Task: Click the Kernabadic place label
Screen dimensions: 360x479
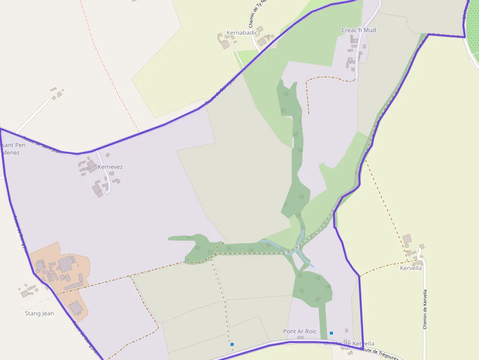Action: click(x=242, y=33)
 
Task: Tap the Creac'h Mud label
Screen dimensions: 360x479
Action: click(x=358, y=30)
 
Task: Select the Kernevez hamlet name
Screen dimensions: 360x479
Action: click(x=110, y=167)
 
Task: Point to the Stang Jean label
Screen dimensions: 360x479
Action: click(x=39, y=314)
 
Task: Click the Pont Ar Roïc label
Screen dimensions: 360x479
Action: click(x=300, y=331)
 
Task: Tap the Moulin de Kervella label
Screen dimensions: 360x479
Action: click(x=348, y=344)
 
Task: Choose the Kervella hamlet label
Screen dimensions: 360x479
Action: click(x=411, y=268)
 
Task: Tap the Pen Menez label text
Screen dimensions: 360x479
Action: click(x=11, y=149)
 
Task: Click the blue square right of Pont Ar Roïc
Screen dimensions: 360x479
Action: click(x=331, y=333)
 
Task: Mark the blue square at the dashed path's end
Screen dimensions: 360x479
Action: click(x=232, y=344)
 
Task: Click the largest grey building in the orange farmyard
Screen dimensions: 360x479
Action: click(x=66, y=265)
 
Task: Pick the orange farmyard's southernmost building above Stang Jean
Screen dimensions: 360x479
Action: click(x=76, y=308)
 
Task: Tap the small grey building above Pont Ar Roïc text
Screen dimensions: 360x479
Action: click(x=300, y=338)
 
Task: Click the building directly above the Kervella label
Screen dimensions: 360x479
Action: click(x=407, y=239)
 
